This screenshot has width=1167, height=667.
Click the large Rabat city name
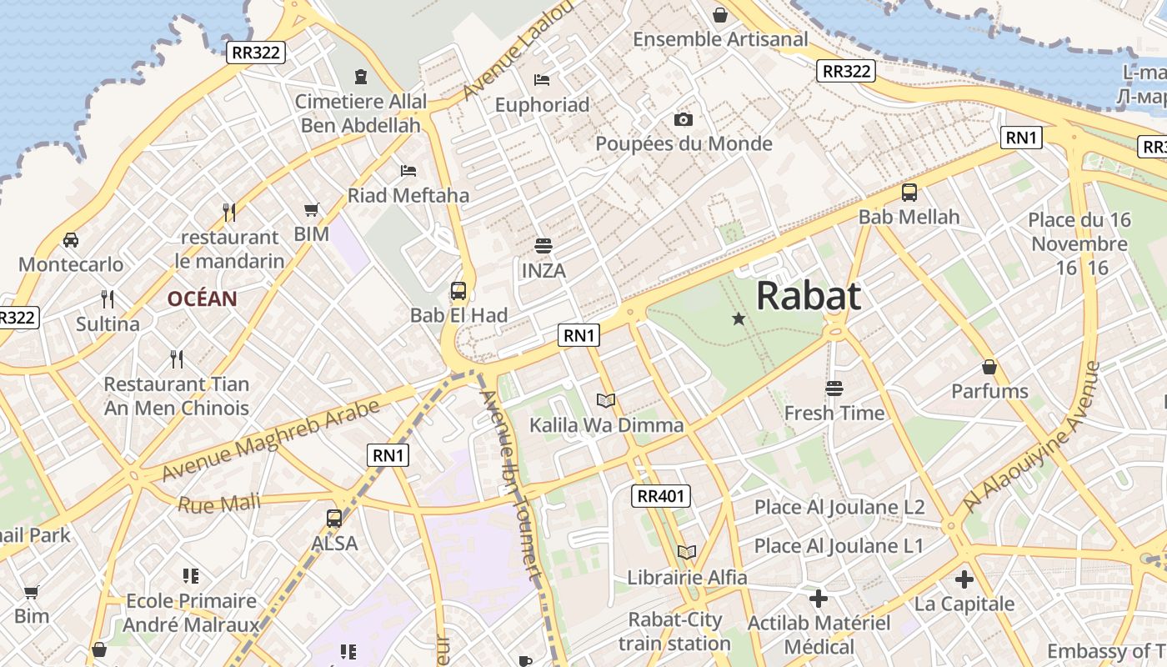click(808, 296)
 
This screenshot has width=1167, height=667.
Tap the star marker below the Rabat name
click(738, 318)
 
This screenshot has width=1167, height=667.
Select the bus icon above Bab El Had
click(458, 291)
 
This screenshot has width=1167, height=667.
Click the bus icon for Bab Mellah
click(909, 193)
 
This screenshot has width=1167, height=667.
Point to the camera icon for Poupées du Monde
click(684, 119)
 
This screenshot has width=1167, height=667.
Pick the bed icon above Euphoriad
click(542, 80)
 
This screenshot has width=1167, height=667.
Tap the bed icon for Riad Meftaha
click(408, 171)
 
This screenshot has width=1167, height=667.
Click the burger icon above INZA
click(543, 246)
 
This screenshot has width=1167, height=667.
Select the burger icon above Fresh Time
click(834, 388)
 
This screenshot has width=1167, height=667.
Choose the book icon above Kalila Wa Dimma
click(606, 400)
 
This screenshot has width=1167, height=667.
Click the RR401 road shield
click(660, 496)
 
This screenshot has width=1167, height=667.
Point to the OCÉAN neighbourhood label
click(202, 298)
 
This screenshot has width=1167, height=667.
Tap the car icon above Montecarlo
click(71, 240)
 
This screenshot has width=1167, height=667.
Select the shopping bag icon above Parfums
click(989, 367)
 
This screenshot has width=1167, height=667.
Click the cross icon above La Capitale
click(964, 579)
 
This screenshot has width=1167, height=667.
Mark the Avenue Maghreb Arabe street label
click(271, 439)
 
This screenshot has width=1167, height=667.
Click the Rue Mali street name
click(218, 504)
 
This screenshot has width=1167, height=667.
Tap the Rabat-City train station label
click(675, 631)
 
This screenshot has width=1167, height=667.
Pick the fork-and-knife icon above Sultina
click(108, 298)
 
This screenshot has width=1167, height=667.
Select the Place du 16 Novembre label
click(1079, 232)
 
